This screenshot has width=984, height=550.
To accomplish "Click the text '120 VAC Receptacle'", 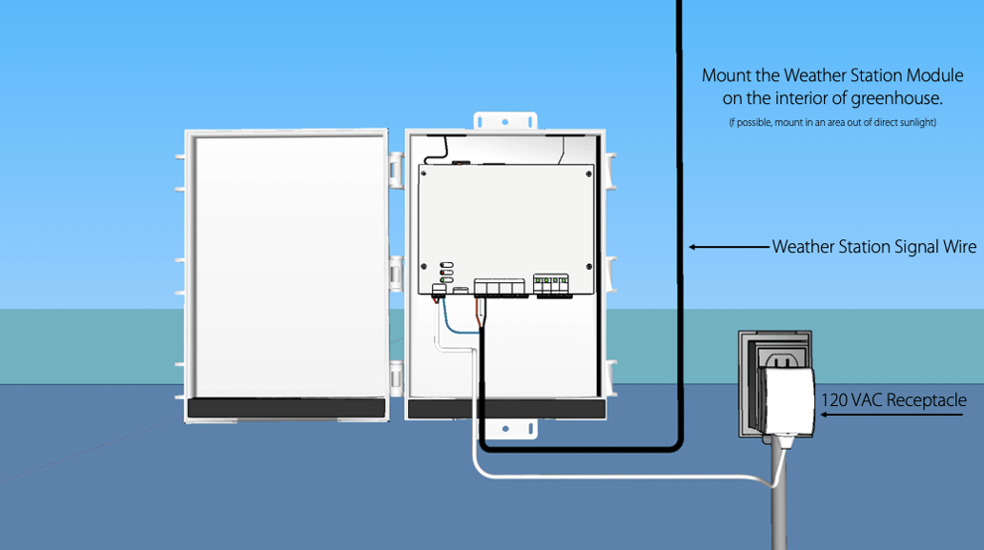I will point(893,400).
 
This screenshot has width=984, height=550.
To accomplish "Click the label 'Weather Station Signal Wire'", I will point(874,247).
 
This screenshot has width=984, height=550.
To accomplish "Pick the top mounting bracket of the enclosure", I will point(506,121).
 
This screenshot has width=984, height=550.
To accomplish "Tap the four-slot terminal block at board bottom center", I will point(500,287).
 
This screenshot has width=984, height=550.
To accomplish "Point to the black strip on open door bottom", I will point(287,408).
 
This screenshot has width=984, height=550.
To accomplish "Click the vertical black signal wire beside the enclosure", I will point(679,191).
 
